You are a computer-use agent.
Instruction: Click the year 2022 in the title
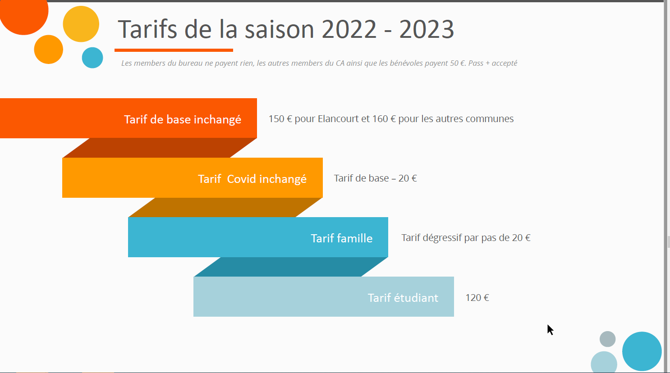point(349,29)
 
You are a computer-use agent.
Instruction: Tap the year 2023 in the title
point(427,29)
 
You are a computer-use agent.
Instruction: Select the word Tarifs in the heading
point(147,29)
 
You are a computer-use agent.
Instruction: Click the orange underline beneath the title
point(174,50)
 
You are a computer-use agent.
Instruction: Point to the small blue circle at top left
point(92,58)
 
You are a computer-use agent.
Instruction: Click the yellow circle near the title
point(81,24)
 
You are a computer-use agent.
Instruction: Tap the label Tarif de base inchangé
point(183,119)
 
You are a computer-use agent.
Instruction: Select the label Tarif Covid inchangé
point(252,179)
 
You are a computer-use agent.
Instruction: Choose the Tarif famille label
point(342,238)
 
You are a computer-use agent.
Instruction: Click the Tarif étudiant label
point(403,298)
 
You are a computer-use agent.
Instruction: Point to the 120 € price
point(477,298)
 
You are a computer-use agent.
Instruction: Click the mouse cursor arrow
point(550,330)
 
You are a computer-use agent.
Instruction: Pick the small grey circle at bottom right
point(607,339)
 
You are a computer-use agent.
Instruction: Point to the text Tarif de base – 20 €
point(375,178)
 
